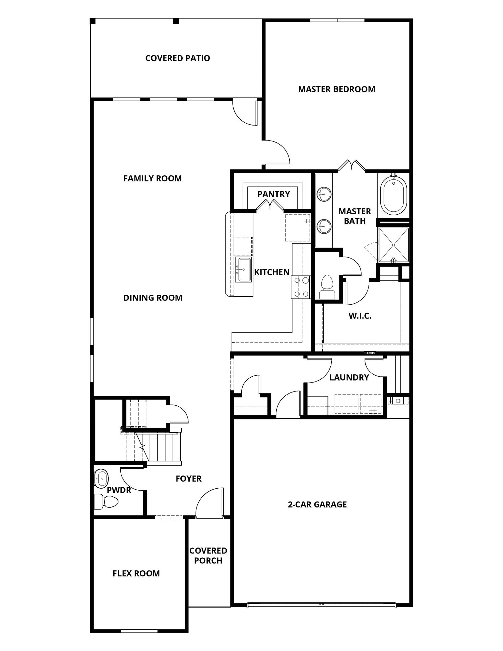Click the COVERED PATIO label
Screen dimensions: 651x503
point(177,58)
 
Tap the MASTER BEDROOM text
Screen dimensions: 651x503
point(337,89)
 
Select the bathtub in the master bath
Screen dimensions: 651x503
point(393,197)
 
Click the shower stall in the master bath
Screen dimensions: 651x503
point(393,245)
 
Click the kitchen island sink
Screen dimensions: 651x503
point(243,270)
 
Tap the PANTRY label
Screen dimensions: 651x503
point(273,194)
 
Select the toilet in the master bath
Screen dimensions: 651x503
point(327,287)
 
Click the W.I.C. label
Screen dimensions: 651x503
point(360,316)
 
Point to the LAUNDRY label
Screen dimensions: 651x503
point(349,377)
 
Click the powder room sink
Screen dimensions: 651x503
point(101,478)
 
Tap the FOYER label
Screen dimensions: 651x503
point(188,478)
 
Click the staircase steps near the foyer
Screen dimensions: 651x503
point(163,447)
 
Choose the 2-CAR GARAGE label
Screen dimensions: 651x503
point(317,504)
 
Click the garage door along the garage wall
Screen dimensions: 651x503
point(321,605)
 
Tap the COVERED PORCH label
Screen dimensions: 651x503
point(208,555)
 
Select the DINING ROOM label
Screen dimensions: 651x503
point(153,298)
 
